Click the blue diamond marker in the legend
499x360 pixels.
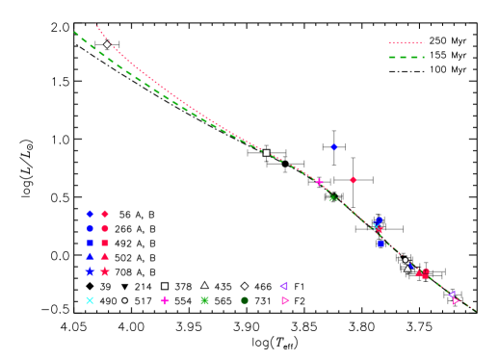[x=90, y=214]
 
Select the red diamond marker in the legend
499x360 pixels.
[x=105, y=214]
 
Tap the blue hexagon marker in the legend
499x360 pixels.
[x=90, y=228]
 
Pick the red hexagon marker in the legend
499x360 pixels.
[x=105, y=228]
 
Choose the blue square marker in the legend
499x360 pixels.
[x=90, y=243]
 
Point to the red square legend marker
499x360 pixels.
[x=105, y=243]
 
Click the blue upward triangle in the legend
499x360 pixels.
[x=90, y=256]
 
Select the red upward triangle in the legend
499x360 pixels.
[x=105, y=256]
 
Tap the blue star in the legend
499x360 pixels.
[x=90, y=271]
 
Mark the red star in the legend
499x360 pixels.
[x=105, y=271]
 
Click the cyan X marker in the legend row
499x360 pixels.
[x=90, y=300]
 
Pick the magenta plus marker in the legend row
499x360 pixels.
[x=165, y=300]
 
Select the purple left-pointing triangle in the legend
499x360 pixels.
[x=283, y=286]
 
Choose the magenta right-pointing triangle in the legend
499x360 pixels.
[x=285, y=300]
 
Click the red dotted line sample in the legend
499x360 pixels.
[x=406, y=42]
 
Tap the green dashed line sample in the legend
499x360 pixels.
[x=406, y=57]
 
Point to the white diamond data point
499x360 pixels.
[x=107, y=44]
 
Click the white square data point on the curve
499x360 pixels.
[x=267, y=152]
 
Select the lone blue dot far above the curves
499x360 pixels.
[x=333, y=147]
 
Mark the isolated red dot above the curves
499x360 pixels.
[x=353, y=180]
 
